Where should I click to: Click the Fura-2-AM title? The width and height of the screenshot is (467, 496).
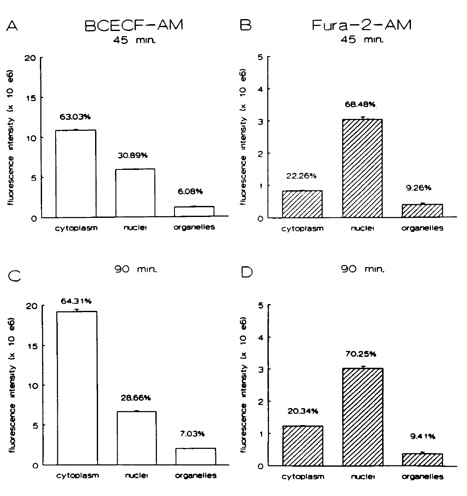click(x=362, y=25)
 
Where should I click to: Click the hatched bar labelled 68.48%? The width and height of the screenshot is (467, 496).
click(x=362, y=169)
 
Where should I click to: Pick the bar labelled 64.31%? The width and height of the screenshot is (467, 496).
click(x=77, y=388)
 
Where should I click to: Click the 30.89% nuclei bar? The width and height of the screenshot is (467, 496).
click(x=135, y=193)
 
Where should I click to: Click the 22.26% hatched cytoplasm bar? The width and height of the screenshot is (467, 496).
click(x=302, y=204)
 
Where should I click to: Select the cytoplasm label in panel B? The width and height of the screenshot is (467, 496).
click(x=302, y=228)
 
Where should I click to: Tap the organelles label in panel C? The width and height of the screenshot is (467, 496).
click(x=196, y=476)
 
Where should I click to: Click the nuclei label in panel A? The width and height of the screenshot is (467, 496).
click(x=135, y=228)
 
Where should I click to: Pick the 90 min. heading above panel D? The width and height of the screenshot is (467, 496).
click(x=363, y=269)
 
